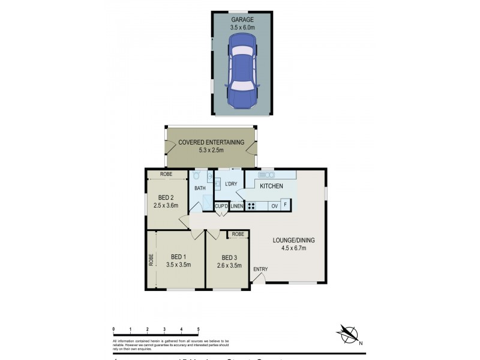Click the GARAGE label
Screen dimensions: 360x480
click(242, 19)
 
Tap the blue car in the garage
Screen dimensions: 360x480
click(242, 69)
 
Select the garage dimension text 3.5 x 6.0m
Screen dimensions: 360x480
click(242, 28)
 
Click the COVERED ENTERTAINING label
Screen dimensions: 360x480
click(211, 143)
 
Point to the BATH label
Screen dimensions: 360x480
click(200, 188)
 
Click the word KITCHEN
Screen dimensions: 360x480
click(271, 186)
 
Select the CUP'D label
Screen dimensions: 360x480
click(222, 206)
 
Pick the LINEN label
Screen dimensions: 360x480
click(236, 206)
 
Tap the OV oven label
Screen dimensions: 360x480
click(274, 206)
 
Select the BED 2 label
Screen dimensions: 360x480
click(166, 197)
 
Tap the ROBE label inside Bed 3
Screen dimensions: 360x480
click(238, 234)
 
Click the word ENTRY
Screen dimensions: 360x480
click(260, 269)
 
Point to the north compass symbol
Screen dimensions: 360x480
click(347, 333)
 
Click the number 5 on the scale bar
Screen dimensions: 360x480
click(198, 329)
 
